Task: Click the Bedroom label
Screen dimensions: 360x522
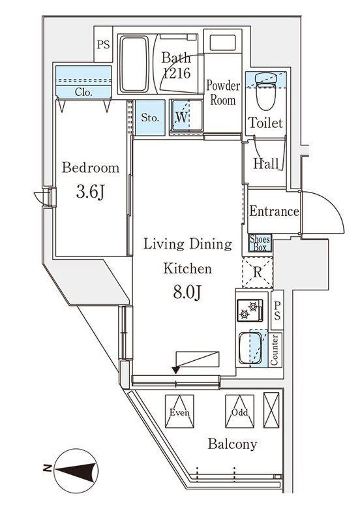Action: [x=91, y=168]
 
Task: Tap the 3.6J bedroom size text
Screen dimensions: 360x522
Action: [x=91, y=192]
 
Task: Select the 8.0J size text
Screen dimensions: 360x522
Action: [x=187, y=292]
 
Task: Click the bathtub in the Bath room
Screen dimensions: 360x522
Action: [x=134, y=64]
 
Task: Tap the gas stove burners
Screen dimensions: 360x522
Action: [x=250, y=311]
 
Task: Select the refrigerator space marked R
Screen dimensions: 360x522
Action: [x=257, y=273]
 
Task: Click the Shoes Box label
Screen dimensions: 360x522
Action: [x=260, y=243]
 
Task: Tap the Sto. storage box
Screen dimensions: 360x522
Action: [x=150, y=117]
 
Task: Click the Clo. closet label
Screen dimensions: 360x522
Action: [x=83, y=92]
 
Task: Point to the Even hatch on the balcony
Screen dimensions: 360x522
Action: [x=179, y=411]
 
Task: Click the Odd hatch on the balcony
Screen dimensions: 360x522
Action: [x=239, y=411]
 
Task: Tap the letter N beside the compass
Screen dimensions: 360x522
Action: [x=48, y=468]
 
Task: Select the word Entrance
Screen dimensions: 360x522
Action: [x=274, y=211]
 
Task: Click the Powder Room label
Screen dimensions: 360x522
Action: [x=223, y=93]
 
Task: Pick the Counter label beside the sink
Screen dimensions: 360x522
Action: [x=275, y=350]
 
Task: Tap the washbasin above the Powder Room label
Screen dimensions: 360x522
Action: [x=222, y=43]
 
